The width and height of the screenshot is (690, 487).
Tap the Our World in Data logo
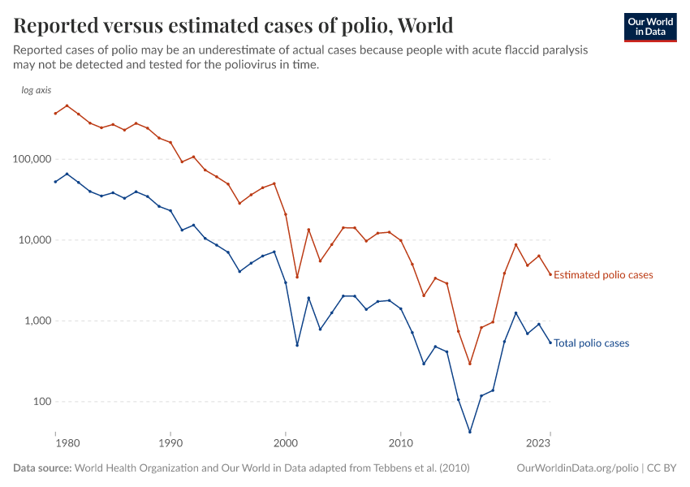pyautogui.click(x=649, y=27)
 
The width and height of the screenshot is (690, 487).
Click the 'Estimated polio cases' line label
pyautogui.click(x=603, y=275)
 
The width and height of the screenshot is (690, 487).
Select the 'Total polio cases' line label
pyautogui.click(x=591, y=343)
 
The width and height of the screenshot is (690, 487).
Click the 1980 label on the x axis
pyautogui.click(x=67, y=444)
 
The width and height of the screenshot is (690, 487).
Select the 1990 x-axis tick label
pyautogui.click(x=170, y=444)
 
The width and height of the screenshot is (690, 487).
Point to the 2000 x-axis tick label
pyautogui.click(x=286, y=444)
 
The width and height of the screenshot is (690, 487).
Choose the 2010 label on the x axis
pyautogui.click(x=400, y=444)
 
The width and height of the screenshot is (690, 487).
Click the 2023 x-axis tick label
pyautogui.click(x=538, y=444)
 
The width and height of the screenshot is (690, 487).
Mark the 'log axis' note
pyautogui.click(x=36, y=90)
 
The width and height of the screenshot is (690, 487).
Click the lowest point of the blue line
pyautogui.click(x=470, y=432)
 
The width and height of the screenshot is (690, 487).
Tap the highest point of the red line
pyautogui.click(x=67, y=106)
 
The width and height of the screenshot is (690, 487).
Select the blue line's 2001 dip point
pyautogui.click(x=297, y=345)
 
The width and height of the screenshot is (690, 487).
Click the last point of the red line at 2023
pyautogui.click(x=550, y=274)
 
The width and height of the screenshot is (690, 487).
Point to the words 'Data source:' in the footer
pyautogui.click(x=42, y=468)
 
